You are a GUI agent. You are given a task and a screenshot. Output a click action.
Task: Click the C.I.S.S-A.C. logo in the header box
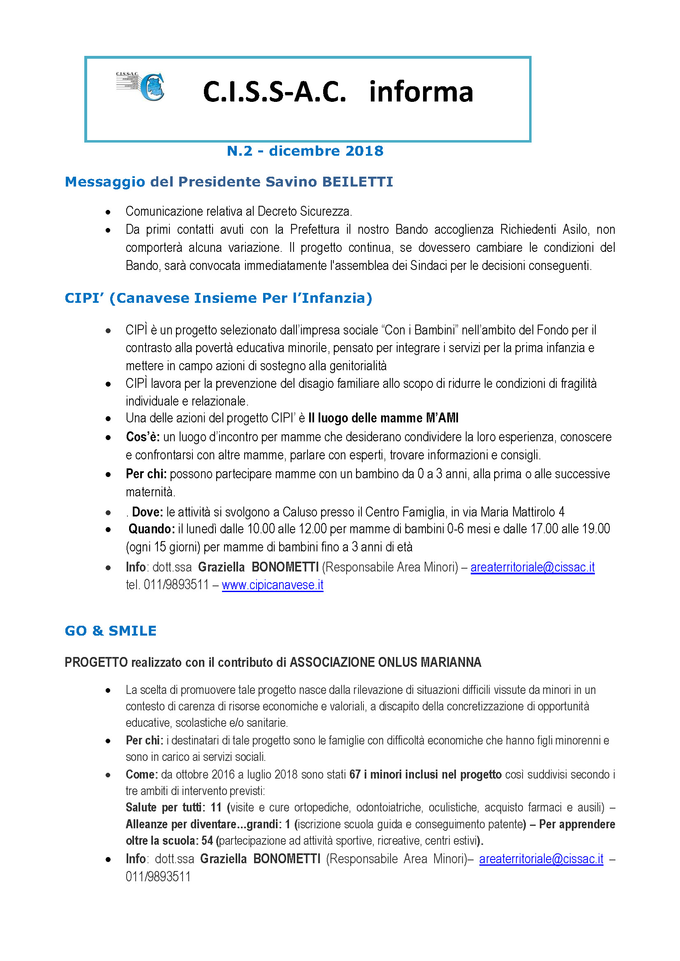(x=141, y=86)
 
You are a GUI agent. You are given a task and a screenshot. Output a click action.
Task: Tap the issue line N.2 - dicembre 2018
(x=305, y=151)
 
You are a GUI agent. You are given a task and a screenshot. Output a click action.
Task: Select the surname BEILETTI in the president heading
(x=357, y=182)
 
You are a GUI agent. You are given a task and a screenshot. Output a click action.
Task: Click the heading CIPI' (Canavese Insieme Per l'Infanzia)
(x=218, y=298)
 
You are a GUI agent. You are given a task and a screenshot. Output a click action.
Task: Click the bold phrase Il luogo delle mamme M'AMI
(x=383, y=418)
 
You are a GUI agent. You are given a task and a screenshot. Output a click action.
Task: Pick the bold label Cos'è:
(x=143, y=437)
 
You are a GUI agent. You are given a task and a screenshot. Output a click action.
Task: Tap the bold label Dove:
(x=148, y=512)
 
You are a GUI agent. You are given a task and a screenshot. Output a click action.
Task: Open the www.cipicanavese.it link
(x=273, y=585)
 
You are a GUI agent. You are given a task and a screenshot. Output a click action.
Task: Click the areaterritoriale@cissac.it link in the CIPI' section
(x=532, y=567)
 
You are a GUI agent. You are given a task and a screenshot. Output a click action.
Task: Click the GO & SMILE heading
(x=111, y=631)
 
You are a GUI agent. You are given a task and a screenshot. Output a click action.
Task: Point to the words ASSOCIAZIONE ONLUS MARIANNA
(x=385, y=662)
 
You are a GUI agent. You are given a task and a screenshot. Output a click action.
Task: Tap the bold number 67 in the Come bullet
(x=355, y=774)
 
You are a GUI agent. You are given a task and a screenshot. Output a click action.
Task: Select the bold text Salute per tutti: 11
(x=173, y=807)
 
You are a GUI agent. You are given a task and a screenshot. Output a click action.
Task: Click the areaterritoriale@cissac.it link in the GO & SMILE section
(x=541, y=859)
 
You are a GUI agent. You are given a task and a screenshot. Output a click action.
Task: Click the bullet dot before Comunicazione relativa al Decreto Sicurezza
(x=108, y=212)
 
